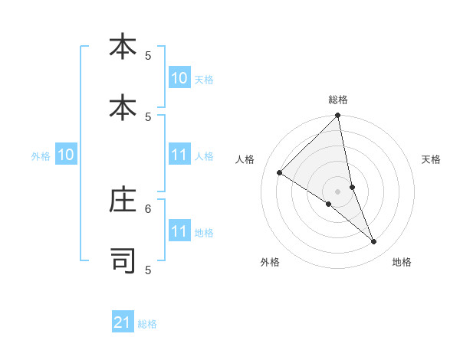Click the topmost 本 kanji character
(x=123, y=47)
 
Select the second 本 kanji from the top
(x=123, y=108)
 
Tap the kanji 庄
(x=123, y=200)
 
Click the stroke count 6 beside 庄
(x=149, y=208)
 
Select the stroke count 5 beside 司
(x=149, y=270)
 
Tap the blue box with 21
(x=123, y=322)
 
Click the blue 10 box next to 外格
(x=66, y=155)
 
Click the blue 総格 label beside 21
(x=147, y=324)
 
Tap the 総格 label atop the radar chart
(x=338, y=100)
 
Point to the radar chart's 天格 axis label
(x=431, y=159)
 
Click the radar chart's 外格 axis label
(x=270, y=262)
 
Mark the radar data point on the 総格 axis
(x=338, y=116)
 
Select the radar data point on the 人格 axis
(x=279, y=173)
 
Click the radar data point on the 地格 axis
(x=374, y=242)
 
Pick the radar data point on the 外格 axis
(x=328, y=205)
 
